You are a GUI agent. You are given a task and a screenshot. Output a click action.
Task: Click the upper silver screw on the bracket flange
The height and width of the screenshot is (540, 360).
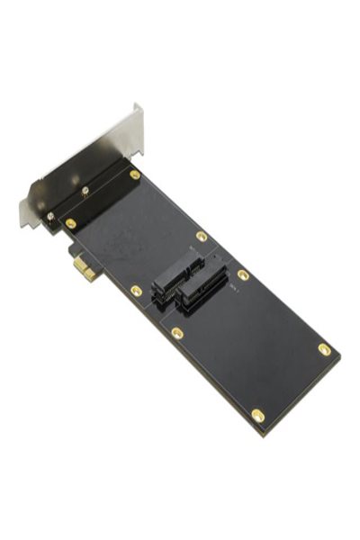tap(85, 191)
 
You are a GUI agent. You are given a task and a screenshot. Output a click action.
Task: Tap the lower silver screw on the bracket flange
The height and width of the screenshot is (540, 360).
tap(51, 215)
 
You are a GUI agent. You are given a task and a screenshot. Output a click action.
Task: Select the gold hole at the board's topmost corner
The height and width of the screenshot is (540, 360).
tap(135, 175)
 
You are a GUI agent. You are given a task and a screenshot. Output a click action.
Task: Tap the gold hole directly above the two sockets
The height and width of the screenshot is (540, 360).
tap(202, 237)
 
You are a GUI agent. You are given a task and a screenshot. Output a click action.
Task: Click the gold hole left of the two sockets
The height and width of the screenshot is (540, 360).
tap(136, 291)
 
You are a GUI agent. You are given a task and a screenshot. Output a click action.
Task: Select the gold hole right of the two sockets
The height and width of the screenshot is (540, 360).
tap(243, 274)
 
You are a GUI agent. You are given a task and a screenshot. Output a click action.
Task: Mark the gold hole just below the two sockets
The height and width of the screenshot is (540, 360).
tap(177, 333)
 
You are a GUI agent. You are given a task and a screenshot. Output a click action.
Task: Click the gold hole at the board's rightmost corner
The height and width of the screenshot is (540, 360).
tap(324, 349)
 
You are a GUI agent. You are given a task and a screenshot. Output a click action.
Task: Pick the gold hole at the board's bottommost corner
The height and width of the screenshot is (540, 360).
tap(258, 415)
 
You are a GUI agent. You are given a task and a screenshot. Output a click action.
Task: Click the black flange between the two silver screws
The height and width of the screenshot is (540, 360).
tap(67, 203)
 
